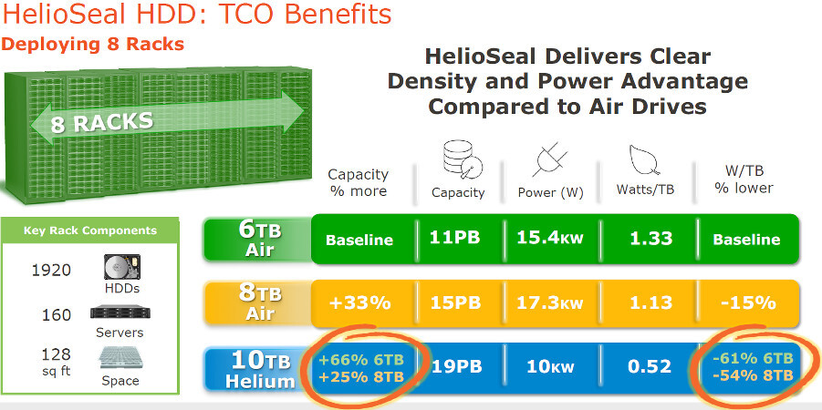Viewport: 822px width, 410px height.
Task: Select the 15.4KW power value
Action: coord(551,239)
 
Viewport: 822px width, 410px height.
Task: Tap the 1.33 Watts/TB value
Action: coord(650,239)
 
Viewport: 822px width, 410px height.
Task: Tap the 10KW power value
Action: coord(551,366)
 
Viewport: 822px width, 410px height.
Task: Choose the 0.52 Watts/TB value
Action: coord(650,366)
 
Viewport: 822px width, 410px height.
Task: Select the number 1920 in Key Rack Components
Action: coord(49,270)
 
